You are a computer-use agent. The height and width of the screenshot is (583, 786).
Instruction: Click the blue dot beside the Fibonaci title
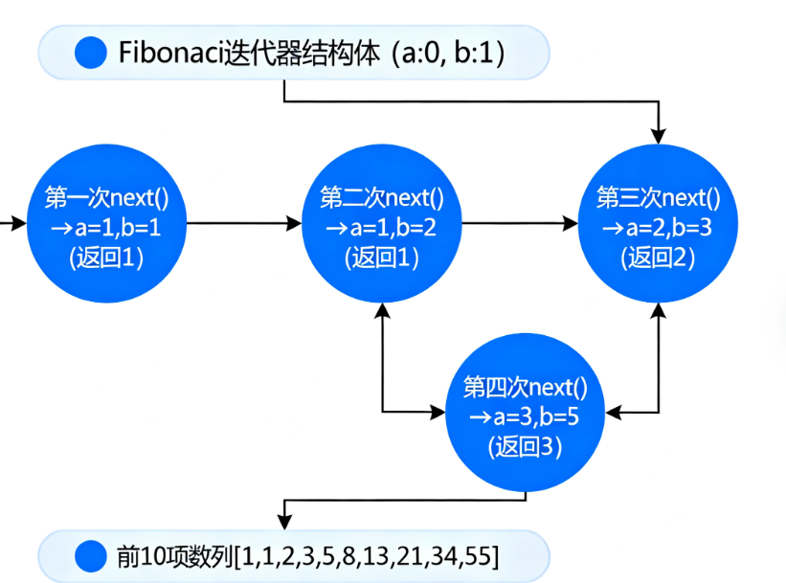[x=91, y=51]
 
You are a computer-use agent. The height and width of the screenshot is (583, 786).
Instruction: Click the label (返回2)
[x=658, y=258]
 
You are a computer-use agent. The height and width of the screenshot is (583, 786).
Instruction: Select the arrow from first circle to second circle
[x=244, y=224]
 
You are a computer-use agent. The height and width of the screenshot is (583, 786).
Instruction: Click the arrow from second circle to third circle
[x=520, y=224]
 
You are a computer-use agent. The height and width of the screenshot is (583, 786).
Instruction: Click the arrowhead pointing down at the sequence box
[x=282, y=523]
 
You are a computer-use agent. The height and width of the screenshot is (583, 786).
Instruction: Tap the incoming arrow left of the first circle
[x=13, y=224]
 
